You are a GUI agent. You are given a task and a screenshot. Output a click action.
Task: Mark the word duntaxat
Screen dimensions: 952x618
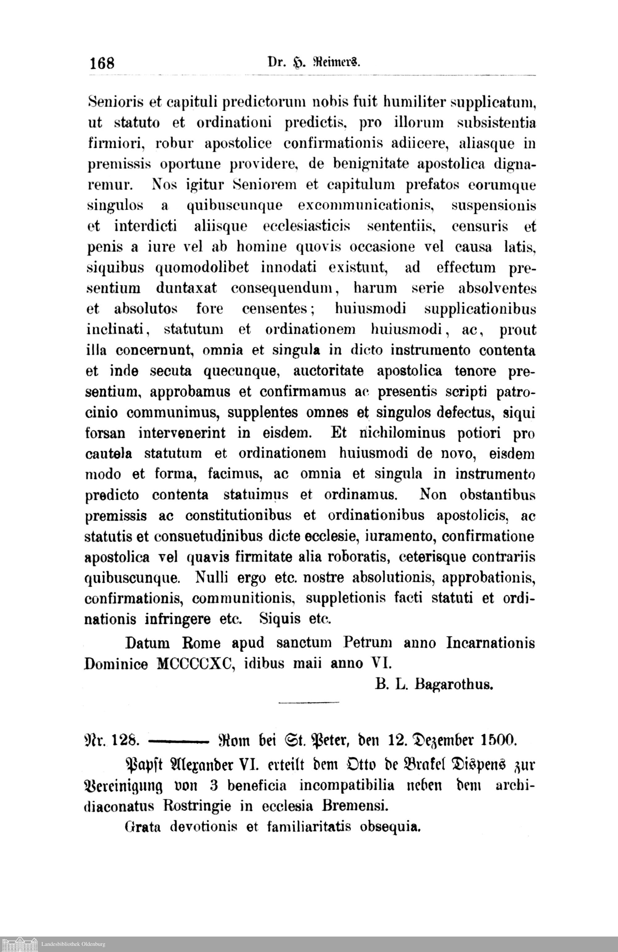(186, 288)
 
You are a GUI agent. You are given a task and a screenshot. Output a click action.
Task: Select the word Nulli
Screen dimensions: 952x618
(212, 578)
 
